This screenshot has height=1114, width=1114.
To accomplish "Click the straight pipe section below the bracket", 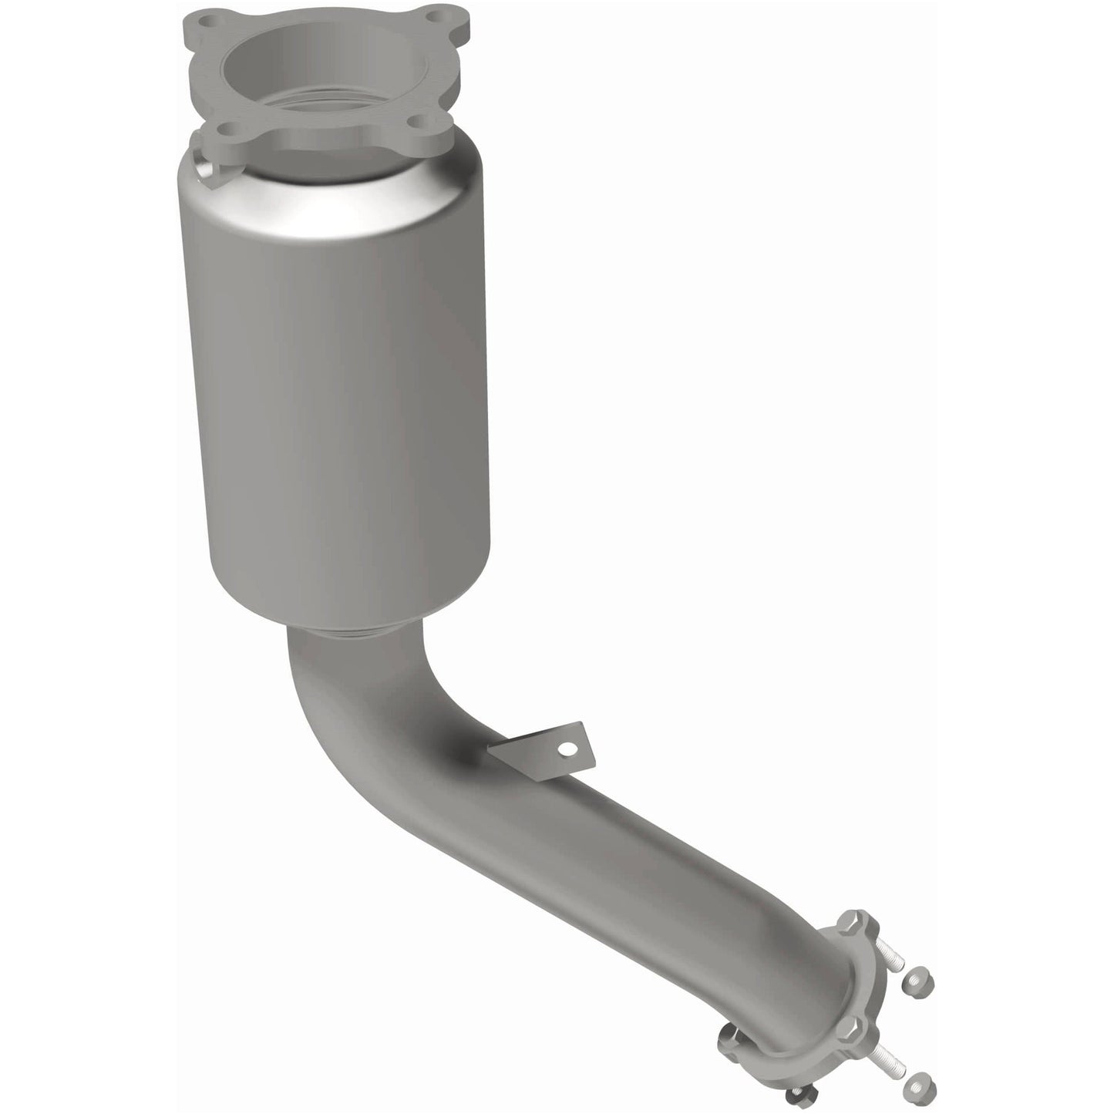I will (655, 871).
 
